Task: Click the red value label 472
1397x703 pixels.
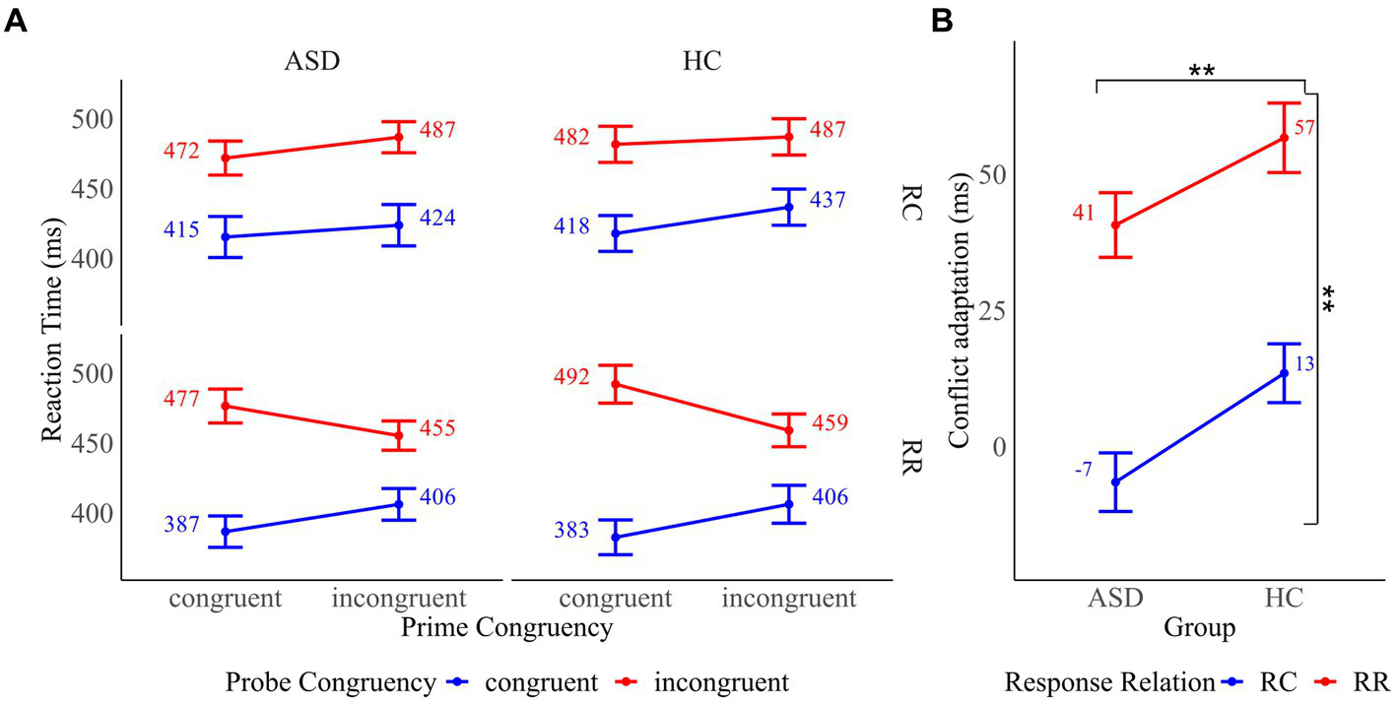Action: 181,152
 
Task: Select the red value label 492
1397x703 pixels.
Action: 572,377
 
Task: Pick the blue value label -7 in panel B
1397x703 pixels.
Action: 1083,470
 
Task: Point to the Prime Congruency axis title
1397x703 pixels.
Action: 508,625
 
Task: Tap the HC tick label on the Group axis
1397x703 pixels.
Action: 1284,600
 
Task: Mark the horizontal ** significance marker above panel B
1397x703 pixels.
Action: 1200,72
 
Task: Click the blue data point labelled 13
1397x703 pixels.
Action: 1284,373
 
